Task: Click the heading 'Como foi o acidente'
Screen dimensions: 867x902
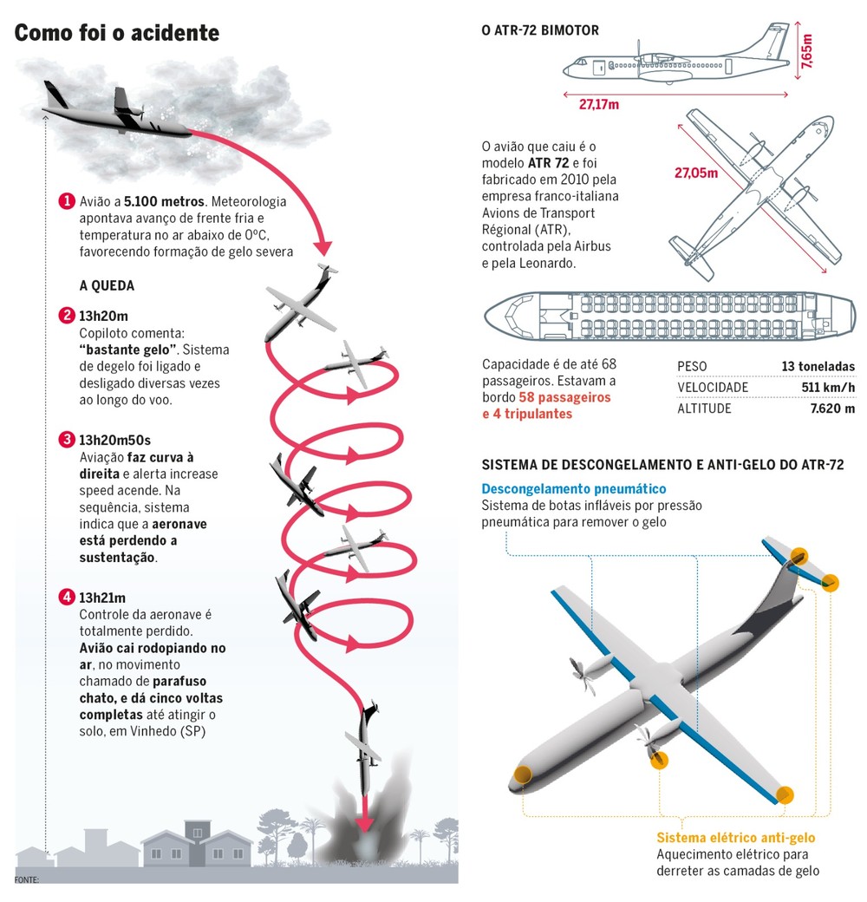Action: [117, 33]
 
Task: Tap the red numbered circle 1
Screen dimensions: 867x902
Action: [67, 200]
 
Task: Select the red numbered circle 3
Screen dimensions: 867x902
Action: [67, 440]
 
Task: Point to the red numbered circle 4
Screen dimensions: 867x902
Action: [67, 597]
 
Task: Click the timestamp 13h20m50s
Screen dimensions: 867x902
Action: [115, 440]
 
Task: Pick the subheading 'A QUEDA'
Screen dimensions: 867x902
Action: [107, 286]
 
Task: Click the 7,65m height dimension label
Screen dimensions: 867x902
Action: [807, 51]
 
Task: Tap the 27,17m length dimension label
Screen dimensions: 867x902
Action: [599, 104]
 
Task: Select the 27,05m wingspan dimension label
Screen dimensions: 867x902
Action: [696, 173]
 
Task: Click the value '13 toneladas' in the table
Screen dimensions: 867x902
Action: [818, 366]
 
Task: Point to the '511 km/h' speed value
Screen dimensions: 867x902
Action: [828, 387]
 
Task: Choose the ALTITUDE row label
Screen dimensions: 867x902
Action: [704, 409]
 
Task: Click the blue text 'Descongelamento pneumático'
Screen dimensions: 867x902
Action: [574, 489]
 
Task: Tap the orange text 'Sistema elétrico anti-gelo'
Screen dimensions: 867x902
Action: [736, 838]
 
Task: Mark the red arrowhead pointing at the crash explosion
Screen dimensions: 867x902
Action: [364, 823]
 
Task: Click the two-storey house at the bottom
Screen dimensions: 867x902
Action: [197, 844]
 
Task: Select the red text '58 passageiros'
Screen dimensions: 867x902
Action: [564, 397]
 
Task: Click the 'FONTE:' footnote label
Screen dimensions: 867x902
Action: [27, 879]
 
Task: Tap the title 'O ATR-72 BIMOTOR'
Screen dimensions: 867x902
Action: [540, 30]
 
